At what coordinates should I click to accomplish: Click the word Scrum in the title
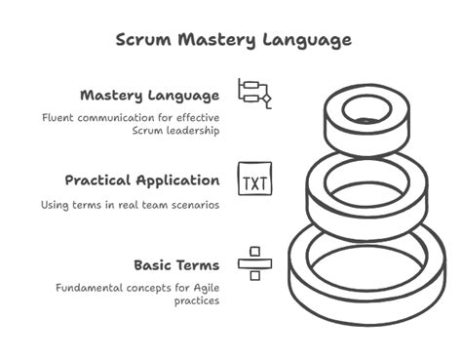(x=143, y=40)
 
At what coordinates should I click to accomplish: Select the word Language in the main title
(x=306, y=40)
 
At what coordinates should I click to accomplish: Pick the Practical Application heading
(x=142, y=180)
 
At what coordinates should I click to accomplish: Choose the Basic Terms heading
(x=177, y=264)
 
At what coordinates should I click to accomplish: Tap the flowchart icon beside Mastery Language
(x=254, y=94)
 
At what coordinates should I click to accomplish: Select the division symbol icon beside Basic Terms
(x=254, y=263)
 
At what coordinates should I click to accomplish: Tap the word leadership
(x=189, y=131)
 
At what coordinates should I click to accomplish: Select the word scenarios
(x=191, y=205)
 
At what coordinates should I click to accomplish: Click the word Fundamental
(x=88, y=289)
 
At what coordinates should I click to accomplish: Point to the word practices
(x=197, y=301)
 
